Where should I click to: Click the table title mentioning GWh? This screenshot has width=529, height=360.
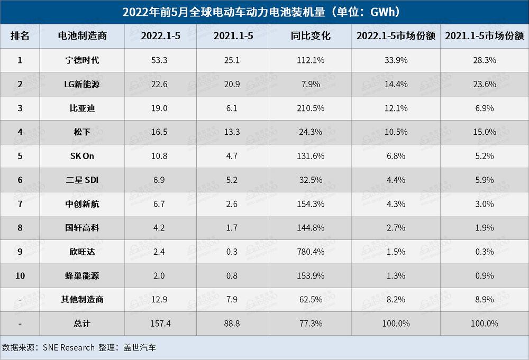click(264, 12)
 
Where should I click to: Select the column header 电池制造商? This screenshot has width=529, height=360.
click(82, 36)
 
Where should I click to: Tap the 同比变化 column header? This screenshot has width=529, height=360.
click(311, 36)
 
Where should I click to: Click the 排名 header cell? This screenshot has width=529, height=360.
click(20, 36)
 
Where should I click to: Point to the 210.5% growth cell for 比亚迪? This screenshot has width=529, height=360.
click(311, 108)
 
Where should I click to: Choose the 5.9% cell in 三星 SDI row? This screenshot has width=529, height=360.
click(484, 180)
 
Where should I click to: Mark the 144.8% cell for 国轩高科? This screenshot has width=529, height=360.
click(311, 228)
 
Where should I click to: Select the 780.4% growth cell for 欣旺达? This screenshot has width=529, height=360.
click(311, 252)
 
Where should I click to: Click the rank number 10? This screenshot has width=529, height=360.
click(20, 275)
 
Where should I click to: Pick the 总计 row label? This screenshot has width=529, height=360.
click(81, 324)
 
